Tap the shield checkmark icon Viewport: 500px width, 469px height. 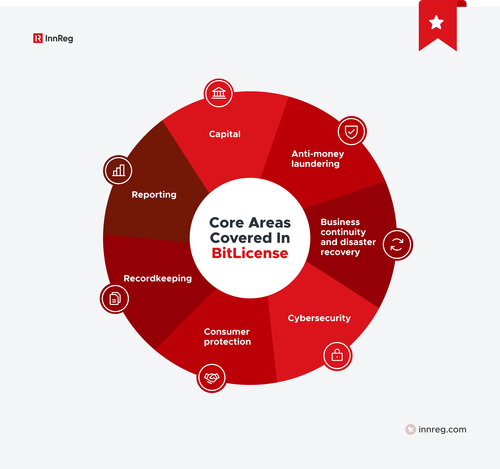tap(351, 131)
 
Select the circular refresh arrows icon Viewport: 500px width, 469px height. tap(397, 244)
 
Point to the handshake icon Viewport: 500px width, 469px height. tap(212, 378)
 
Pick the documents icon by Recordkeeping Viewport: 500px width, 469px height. tap(115, 298)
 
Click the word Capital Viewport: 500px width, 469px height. tap(225, 134)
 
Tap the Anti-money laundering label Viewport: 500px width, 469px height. tap(317, 159)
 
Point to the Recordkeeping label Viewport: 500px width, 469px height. tap(158, 278)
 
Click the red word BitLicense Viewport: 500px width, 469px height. tap(250, 253)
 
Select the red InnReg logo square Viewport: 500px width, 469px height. tap(38, 38)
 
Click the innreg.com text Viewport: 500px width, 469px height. tap(442, 430)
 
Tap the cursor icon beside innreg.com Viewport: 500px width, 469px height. tap(410, 430)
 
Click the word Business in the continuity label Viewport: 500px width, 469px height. tap(340, 222)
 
